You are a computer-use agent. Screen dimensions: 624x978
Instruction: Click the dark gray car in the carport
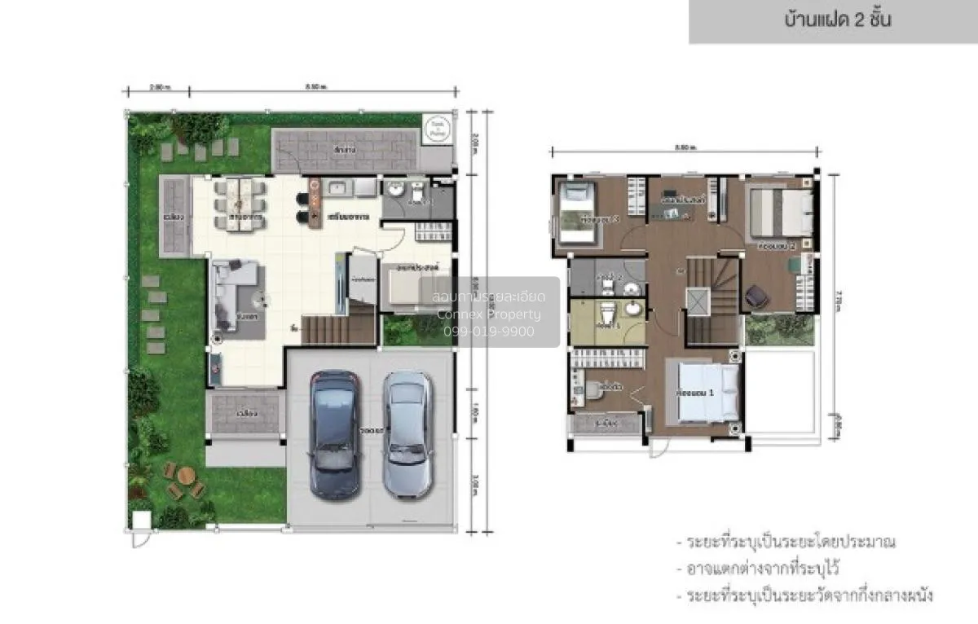pyautogui.click(x=335, y=435)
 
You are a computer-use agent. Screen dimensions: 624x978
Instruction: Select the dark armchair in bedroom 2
pyautogui.click(x=757, y=296)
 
